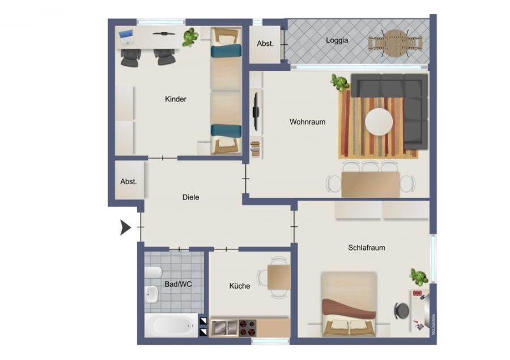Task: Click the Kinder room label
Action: pos(176,99)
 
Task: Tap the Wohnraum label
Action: pos(307,122)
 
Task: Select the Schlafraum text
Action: pos(367,248)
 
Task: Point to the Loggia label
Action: pos(337,41)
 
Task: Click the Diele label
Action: pos(190,197)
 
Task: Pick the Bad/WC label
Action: pos(178,284)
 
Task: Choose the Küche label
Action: pos(240,286)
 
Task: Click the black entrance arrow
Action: pos(126,227)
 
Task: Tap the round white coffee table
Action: pos(379,122)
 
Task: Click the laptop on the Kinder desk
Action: pos(126,37)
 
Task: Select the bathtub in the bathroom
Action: pos(171,325)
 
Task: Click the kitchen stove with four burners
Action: pos(248,328)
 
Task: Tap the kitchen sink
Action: pos(224,328)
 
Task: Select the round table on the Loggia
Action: pos(395,43)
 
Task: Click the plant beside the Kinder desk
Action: pos(190,37)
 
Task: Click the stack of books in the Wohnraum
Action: pos(256,150)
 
